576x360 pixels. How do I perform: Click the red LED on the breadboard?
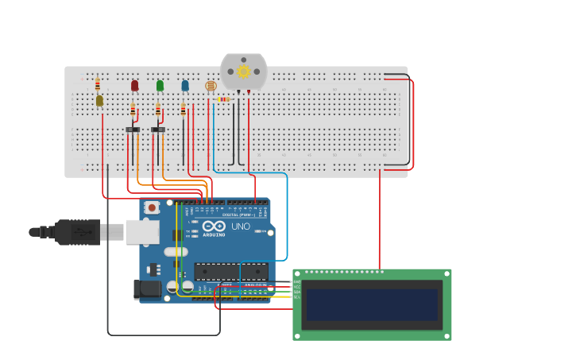pyautogui.click(x=134, y=85)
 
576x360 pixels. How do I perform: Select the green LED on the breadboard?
pyautogui.click(x=160, y=85)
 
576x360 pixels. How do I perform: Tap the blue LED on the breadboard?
pyautogui.click(x=185, y=85)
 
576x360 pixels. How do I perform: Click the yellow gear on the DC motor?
pyautogui.click(x=243, y=72)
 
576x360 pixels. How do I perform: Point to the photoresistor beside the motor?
pyautogui.click(x=211, y=86)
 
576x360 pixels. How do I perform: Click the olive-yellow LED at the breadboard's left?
pyautogui.click(x=99, y=100)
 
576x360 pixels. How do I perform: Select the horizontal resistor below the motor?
pyautogui.click(x=223, y=99)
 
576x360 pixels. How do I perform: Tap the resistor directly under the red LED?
pyautogui.click(x=133, y=110)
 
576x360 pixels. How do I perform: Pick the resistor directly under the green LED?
pyautogui.click(x=158, y=110)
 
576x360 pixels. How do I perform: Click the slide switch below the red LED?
pyautogui.click(x=133, y=130)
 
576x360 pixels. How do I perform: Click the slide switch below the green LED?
pyautogui.click(x=158, y=130)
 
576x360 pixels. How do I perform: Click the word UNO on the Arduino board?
pyautogui.click(x=241, y=226)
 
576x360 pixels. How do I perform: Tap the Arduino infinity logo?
pyautogui.click(x=214, y=226)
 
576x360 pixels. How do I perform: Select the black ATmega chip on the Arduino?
pyautogui.click(x=230, y=272)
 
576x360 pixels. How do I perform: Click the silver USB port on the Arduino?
pyautogui.click(x=142, y=231)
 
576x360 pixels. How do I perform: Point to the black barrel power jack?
pyautogui.click(x=147, y=289)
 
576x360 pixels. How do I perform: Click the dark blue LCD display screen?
pyautogui.click(x=372, y=304)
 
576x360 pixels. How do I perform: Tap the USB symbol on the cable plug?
pyautogui.click(x=80, y=232)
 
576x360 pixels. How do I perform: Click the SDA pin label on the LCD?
pyautogui.click(x=297, y=292)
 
